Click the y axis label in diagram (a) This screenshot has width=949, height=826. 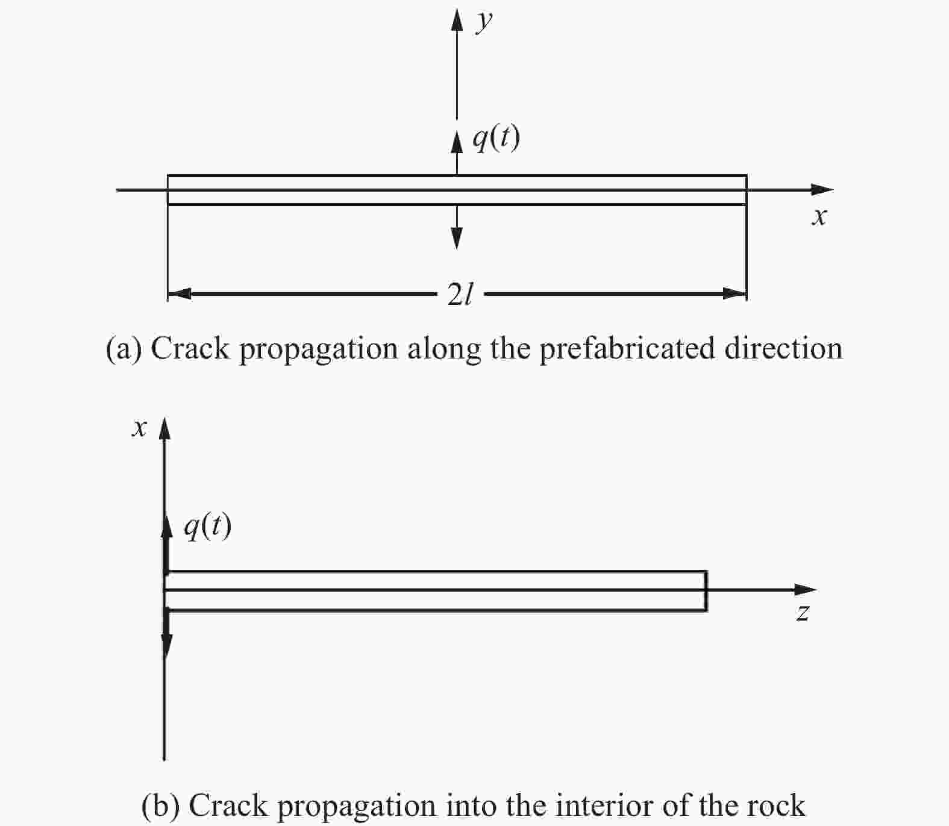point(483,22)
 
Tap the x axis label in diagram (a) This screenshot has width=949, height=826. point(818,216)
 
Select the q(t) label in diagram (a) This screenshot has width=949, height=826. point(495,139)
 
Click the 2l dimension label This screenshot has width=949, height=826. point(460,295)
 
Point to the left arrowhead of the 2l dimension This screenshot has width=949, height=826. point(179,294)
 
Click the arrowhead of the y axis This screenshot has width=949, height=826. point(457,19)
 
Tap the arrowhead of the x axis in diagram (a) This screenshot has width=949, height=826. point(822,190)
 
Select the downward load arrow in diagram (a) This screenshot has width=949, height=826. point(457,227)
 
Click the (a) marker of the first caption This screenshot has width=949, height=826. point(124,349)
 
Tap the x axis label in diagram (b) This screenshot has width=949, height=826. point(139,428)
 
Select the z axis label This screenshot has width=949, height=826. point(803,613)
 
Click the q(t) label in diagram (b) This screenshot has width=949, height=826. point(207,527)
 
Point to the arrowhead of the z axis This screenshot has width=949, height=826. point(806,589)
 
